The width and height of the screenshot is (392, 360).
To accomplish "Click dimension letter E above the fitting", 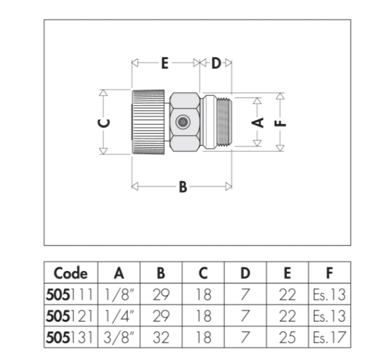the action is coord(165,63).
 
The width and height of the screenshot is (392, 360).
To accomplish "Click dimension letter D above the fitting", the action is coord(216,63).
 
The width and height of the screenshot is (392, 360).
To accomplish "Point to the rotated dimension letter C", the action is coord(104,123).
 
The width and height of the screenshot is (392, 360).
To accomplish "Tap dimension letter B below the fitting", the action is coord(183,186).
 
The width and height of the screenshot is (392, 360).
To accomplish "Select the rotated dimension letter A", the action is coord(258,123).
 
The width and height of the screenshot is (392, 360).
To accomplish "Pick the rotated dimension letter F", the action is coord(280,123).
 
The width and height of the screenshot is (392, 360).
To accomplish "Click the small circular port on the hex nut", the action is coord(182,122).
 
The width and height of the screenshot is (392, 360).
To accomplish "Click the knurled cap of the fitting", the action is coord(149,122).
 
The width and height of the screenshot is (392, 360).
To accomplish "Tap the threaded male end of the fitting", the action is coord(224,122).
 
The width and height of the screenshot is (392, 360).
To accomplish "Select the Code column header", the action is coord(71,273).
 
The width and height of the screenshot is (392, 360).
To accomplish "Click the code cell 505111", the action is coord(69,294).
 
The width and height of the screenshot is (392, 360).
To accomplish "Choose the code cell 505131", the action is coord(69,337).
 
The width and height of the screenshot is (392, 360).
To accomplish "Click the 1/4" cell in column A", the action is coord(119,316).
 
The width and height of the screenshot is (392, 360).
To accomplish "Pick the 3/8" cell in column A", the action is coord(119,337).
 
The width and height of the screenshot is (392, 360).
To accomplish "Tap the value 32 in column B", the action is coord(161,337).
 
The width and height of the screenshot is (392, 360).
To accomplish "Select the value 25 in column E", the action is coord(288,337).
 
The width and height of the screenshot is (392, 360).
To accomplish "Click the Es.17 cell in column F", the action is coord(330,337).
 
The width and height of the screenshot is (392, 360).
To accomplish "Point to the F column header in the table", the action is coord(330,273).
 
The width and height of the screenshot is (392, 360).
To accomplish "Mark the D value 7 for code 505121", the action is coord(246,316).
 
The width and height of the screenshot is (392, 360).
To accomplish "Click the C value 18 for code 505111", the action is coord(203,294).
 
